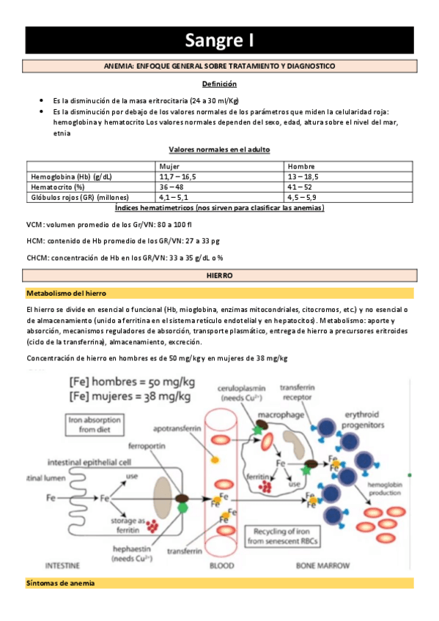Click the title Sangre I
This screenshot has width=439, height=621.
(x=219, y=40)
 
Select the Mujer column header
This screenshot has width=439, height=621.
(x=169, y=166)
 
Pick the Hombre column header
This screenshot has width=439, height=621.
(x=301, y=166)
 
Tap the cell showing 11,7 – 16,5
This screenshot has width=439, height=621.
(x=177, y=176)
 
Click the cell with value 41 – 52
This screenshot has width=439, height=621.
(x=300, y=187)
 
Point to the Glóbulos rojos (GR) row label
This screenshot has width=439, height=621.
(x=80, y=197)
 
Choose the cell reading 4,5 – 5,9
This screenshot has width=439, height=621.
(x=301, y=197)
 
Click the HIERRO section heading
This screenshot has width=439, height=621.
(x=220, y=275)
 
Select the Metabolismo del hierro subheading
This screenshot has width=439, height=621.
(x=66, y=294)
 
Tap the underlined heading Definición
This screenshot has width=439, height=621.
(x=219, y=84)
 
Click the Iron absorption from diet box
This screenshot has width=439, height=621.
(x=95, y=425)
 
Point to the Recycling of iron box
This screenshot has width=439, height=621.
(x=282, y=536)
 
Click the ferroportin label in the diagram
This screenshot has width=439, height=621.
(x=147, y=446)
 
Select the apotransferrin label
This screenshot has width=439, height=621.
(x=177, y=428)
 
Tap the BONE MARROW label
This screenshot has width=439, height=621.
(x=322, y=565)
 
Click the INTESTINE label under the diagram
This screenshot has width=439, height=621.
(x=62, y=565)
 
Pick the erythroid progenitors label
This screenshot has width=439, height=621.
(x=363, y=420)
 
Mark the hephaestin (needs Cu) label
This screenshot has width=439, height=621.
(x=132, y=554)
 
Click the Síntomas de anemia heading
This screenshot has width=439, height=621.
(x=60, y=583)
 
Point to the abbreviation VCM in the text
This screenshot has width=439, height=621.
(x=34, y=225)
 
